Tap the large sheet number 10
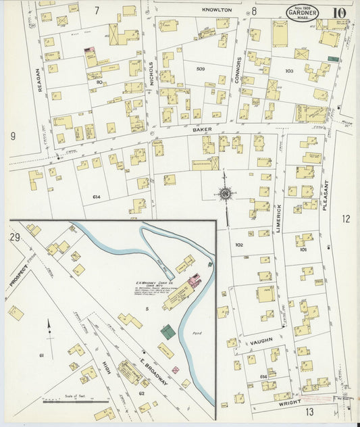339,13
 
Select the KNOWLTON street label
217,10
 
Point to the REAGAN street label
38,78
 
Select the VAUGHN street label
260,342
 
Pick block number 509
201,69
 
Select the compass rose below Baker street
225,194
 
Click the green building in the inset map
167,331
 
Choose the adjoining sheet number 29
15,237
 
